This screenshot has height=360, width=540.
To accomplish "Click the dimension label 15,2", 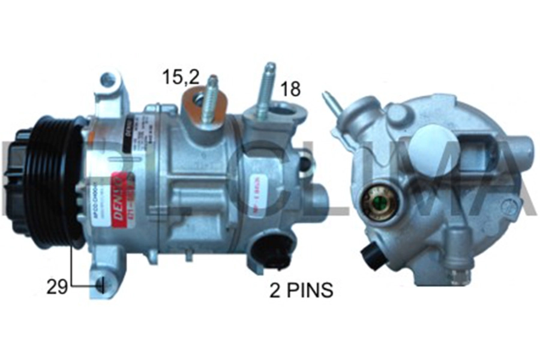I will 181,76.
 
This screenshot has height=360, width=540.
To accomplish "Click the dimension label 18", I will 289,89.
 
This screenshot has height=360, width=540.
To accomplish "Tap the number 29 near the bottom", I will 57,287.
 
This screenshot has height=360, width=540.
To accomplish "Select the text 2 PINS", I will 302,291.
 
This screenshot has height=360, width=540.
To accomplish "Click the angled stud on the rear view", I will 333,103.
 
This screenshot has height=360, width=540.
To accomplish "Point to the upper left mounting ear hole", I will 108,80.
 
